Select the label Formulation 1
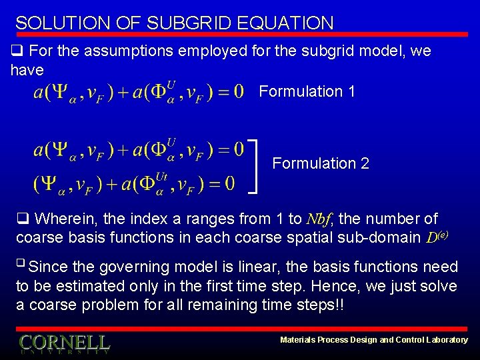coord(307,91)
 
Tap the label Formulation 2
coord(321,163)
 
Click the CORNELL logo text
coord(64,343)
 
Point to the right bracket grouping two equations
coord(255,165)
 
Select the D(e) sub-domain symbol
coord(436,237)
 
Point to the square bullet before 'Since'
coord(21,265)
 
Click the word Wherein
coord(66,219)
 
